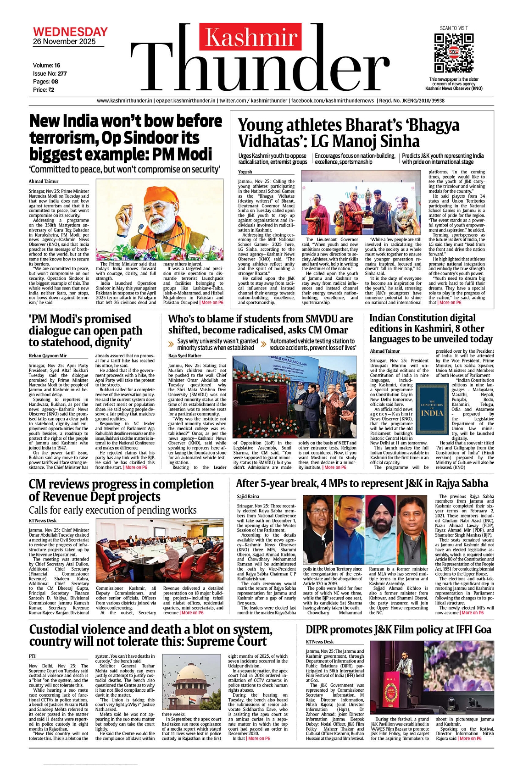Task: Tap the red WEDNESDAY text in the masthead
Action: pos(70,32)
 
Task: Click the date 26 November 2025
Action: pos(64,42)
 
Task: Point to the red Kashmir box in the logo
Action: pos(251,37)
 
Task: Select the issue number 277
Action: pos(62,73)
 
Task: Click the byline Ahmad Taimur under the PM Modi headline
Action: pos(44,182)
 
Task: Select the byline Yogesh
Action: pos(245,172)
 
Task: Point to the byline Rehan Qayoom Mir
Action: pos(48,356)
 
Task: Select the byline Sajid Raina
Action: pos(248,496)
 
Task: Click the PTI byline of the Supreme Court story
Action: pos(32,656)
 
